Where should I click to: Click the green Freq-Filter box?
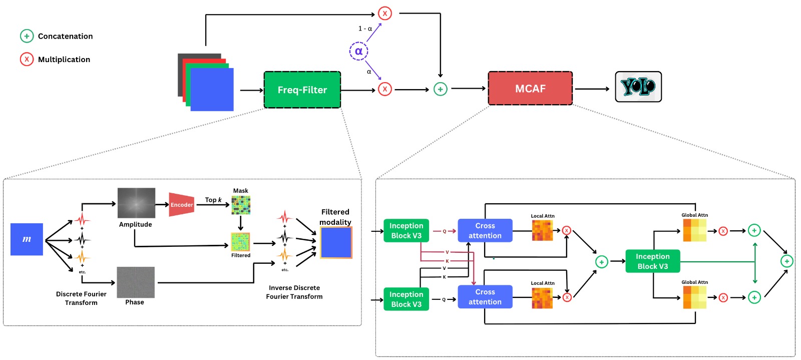[x=302, y=90]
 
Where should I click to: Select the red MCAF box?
[x=530, y=89]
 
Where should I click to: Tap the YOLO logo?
[x=638, y=87]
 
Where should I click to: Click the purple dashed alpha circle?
[x=358, y=51]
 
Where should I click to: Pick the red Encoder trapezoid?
[x=181, y=204]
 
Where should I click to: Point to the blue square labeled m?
[x=27, y=239]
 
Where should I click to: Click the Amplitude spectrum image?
[x=136, y=203]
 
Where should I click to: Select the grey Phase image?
[x=136, y=282]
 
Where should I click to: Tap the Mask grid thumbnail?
[x=241, y=205]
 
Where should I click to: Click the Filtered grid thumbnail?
[x=240, y=242]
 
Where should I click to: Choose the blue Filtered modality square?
[x=336, y=242]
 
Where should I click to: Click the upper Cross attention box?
[x=485, y=230]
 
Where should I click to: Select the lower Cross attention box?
[x=485, y=297]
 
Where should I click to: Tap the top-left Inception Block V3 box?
[x=406, y=230]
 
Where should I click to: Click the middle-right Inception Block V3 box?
[x=652, y=261]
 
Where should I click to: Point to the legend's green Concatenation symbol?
[x=27, y=36]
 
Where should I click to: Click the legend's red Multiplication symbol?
[x=27, y=59]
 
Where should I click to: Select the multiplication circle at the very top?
[x=384, y=14]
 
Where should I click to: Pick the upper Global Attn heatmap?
[x=694, y=230]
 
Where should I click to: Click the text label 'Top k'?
[x=213, y=200]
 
